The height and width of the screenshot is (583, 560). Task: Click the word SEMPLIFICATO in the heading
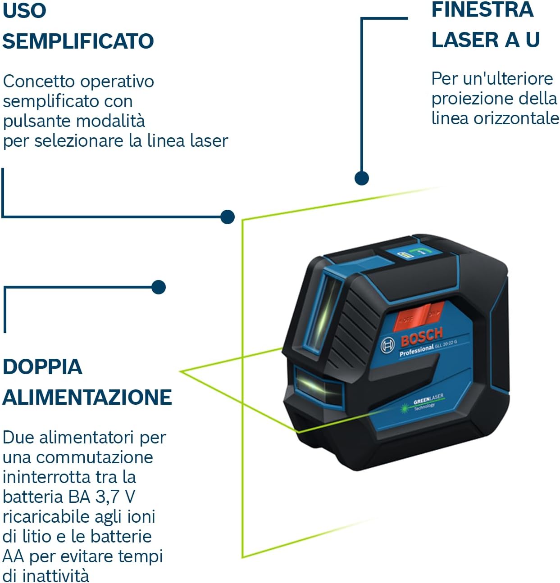78,41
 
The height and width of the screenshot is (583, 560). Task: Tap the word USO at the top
24,10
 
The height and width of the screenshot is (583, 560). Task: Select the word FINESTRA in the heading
482,10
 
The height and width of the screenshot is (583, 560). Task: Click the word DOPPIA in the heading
42,366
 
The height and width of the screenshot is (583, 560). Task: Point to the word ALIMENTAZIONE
87,397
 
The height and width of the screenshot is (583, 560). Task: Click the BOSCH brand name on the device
421,336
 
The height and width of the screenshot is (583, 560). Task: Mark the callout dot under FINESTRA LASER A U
361,178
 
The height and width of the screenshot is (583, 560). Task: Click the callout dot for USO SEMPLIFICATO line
228,217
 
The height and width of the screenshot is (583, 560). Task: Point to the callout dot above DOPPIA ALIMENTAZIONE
159,287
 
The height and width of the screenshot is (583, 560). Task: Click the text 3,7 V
115,497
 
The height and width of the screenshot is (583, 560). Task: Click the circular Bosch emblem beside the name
387,346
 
